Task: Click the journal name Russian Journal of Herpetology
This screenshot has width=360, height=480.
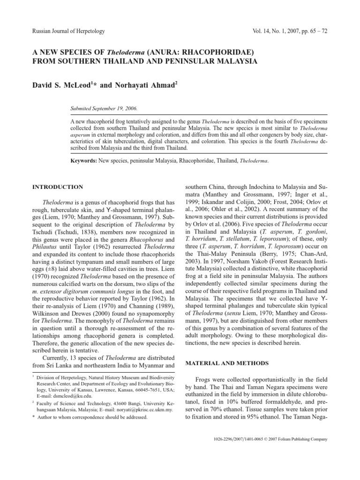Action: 68,31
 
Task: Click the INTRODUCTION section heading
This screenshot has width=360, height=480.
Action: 58,187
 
